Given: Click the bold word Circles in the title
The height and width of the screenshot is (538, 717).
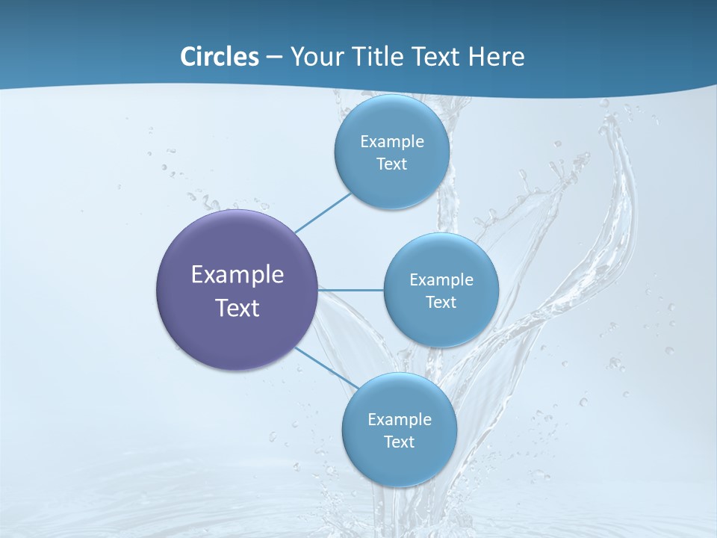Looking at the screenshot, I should [x=220, y=57].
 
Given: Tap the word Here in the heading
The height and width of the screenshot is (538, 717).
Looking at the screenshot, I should [x=496, y=57].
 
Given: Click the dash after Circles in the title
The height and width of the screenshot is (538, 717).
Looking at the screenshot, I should [x=274, y=58].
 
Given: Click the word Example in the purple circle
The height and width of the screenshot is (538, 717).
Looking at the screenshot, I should [x=238, y=275].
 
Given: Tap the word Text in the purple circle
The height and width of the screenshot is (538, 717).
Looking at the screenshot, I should [x=238, y=308].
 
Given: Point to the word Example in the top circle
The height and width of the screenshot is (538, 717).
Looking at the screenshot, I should [x=391, y=142].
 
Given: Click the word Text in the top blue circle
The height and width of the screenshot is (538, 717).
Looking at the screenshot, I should [x=391, y=164].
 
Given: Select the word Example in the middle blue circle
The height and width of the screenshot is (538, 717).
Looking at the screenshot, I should [x=441, y=280].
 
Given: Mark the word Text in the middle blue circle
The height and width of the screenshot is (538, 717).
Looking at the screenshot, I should [x=441, y=303].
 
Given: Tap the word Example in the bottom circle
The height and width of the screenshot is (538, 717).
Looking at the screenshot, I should [x=399, y=420].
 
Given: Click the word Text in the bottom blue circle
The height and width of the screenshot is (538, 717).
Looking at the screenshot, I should [x=399, y=442].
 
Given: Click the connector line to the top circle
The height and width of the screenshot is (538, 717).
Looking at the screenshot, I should [x=323, y=211].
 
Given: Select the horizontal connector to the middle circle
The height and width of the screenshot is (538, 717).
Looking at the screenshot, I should [x=351, y=289].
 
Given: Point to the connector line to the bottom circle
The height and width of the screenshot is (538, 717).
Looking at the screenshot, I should [x=327, y=368].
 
